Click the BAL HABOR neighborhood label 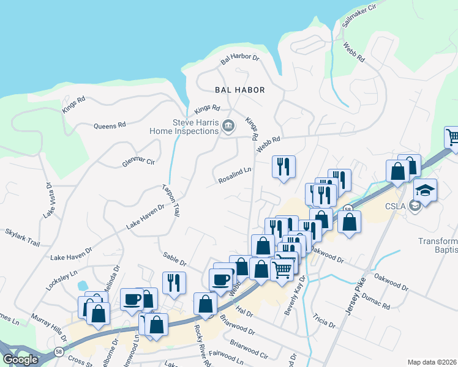pos(240,90)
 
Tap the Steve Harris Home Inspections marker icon pos(228,126)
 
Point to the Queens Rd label pos(110,125)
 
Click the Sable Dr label pos(175,259)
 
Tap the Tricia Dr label pos(325,321)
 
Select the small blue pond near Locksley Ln pos(82,285)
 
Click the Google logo pos(21,360)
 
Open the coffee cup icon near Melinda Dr pos(132,299)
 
